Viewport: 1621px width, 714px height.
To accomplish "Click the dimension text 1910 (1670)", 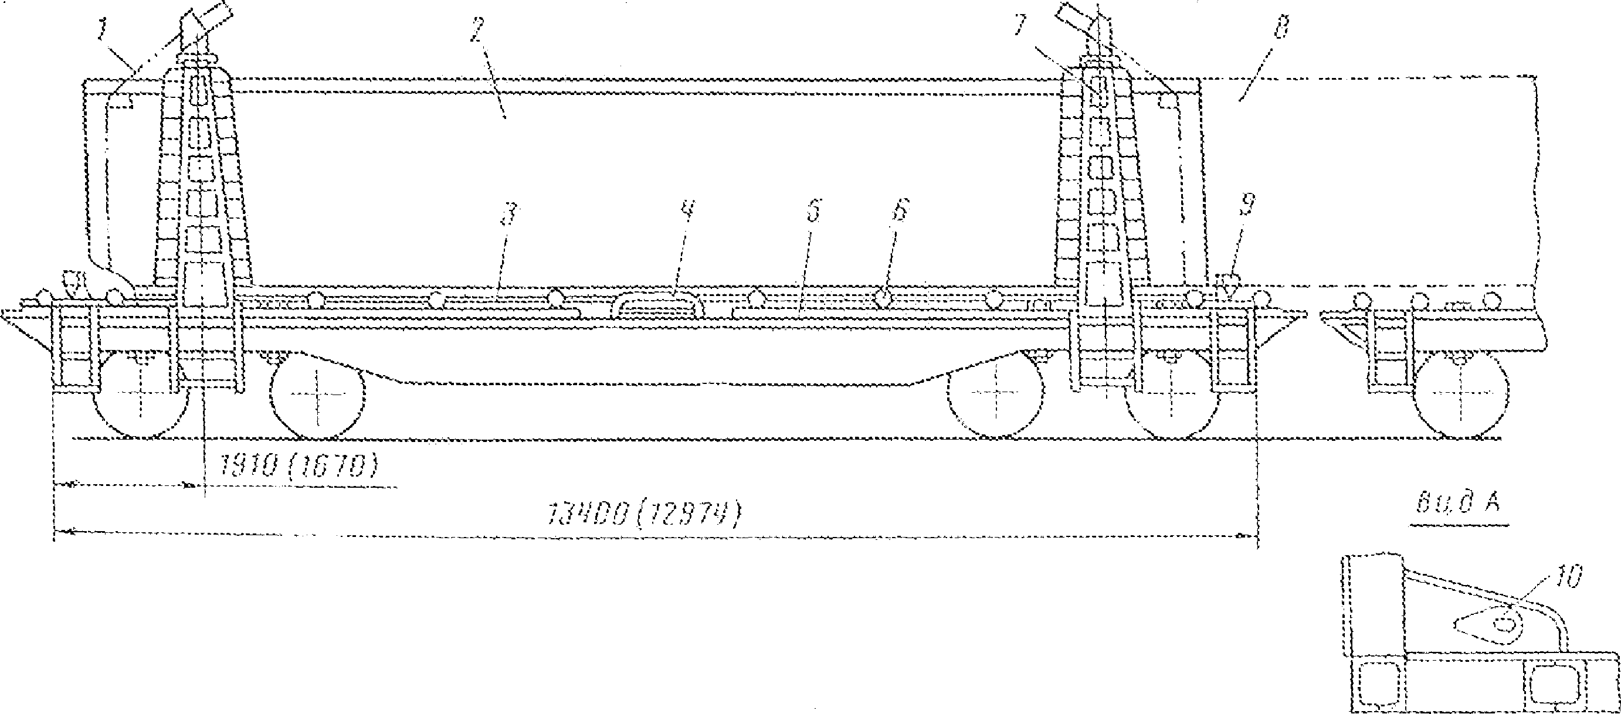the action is (x=300, y=467).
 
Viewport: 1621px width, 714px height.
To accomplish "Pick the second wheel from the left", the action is (x=318, y=395).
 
